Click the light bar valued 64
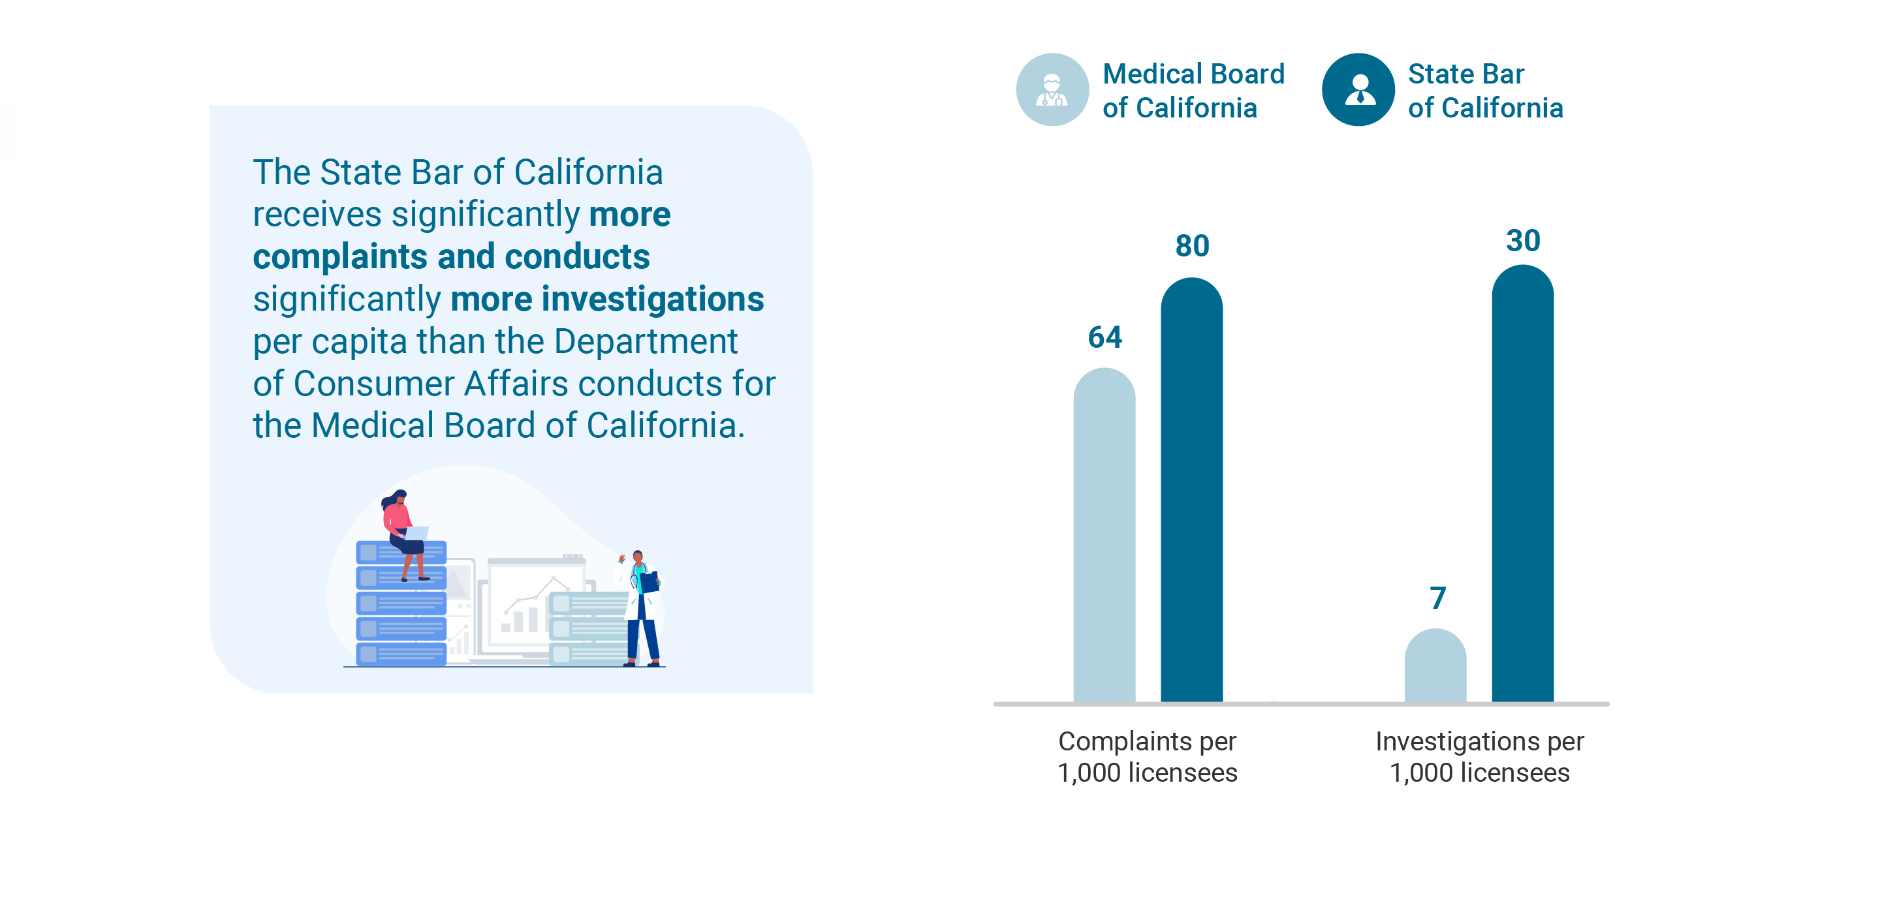point(1104,536)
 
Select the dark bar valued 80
point(1191,490)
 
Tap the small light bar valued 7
point(1435,666)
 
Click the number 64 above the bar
point(1104,337)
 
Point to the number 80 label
point(1192,246)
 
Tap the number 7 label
point(1437,598)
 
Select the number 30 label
point(1523,241)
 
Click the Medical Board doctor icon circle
point(1052,90)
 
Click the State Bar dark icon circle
point(1358,90)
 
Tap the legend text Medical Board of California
point(1193,91)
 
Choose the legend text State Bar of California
point(1484,91)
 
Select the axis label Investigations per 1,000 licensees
point(1479,757)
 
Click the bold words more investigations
point(606,299)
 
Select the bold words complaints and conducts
point(451,257)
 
